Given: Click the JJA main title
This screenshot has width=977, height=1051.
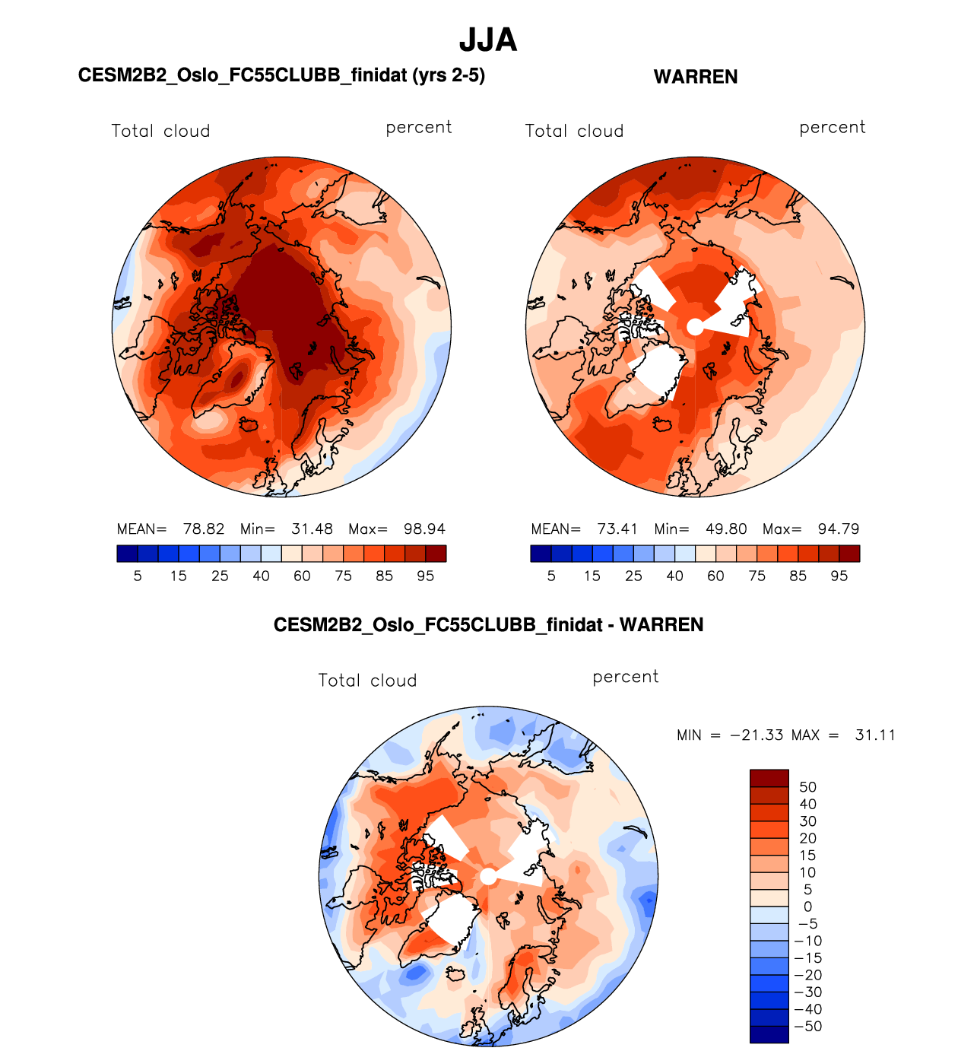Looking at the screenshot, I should tap(488, 40).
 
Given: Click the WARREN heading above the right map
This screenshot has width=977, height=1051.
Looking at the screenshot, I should tap(696, 77).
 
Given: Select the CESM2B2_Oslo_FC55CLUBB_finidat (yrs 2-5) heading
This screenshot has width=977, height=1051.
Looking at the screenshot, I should tap(281, 75).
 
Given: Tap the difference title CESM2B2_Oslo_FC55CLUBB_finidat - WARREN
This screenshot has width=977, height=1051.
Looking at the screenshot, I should tap(488, 625).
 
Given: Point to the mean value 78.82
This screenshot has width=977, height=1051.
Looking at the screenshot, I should tap(204, 529).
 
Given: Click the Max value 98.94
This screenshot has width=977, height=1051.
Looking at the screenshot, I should tap(424, 529).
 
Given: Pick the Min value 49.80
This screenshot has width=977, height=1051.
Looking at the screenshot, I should tap(726, 529).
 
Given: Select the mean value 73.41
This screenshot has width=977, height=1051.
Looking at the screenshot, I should tap(617, 529).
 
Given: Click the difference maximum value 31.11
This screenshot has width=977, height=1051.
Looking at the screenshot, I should tap(875, 735).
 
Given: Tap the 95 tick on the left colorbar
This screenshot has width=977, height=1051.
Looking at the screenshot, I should tap(426, 576).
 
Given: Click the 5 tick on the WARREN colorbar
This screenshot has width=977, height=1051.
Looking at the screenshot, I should tap(551, 576).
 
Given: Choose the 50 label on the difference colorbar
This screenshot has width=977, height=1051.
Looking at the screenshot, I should tap(807, 787).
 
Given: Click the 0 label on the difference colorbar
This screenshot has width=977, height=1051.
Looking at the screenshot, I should tap(807, 907).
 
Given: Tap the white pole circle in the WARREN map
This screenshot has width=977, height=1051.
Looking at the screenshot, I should tap(695, 326).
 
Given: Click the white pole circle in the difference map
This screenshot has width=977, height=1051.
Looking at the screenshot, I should tap(488, 877).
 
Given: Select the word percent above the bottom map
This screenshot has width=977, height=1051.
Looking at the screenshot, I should tap(626, 677).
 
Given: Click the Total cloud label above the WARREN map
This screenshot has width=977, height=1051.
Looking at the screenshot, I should tap(574, 131).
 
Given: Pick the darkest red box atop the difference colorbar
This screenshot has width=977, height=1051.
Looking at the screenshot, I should tap(769, 778).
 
